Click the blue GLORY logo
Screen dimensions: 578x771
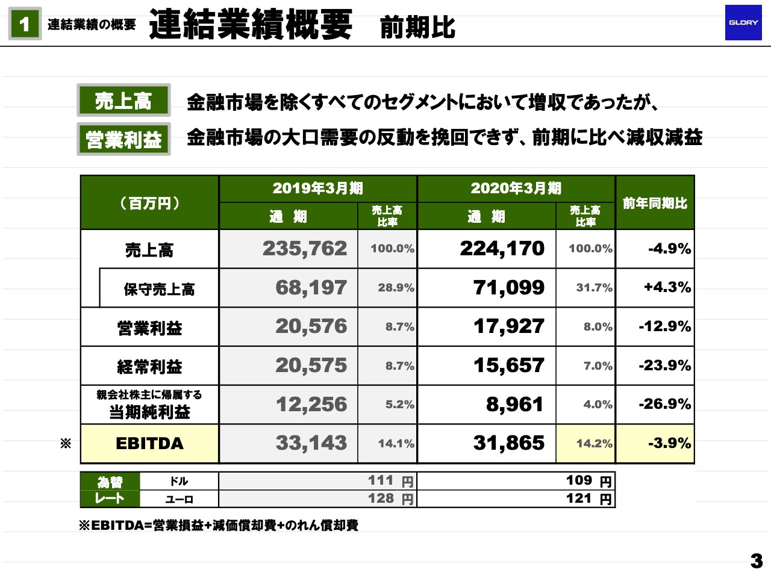pos(743,23)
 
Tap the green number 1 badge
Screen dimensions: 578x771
pos(25,24)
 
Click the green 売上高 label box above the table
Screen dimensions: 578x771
pos(123,101)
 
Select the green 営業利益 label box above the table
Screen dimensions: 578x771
pos(123,139)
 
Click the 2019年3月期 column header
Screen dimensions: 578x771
pos(317,188)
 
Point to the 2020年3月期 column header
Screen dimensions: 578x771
pos(516,188)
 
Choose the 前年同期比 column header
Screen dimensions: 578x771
pos(655,203)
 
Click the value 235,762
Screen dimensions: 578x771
pos(305,249)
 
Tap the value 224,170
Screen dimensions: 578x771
pos(502,249)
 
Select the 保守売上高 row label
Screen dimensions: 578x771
pos(159,289)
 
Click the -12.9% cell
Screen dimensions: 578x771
pos(664,326)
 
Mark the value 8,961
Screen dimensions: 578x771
pos(514,405)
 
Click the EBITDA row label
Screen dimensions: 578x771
pos(149,444)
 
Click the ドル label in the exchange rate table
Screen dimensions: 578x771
pos(179,481)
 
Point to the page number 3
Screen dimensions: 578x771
pos(757,561)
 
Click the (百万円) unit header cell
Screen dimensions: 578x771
pos(149,203)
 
